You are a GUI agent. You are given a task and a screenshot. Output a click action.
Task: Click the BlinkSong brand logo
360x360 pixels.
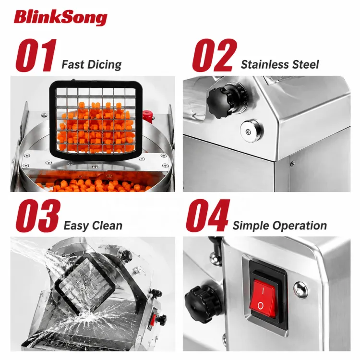point(60,17)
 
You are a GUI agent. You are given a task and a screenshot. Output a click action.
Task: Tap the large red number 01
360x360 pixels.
point(36,55)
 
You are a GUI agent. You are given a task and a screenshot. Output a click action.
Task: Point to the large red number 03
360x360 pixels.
point(38,216)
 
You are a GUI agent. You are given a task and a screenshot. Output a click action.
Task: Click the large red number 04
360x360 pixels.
point(208,216)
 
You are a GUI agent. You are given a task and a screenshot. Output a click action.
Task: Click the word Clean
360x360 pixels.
point(107,225)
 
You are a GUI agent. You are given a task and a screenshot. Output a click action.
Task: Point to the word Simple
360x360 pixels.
point(251,226)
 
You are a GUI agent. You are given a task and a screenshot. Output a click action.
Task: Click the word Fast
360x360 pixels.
point(73,64)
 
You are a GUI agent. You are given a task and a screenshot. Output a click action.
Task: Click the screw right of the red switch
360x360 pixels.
point(301,289)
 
